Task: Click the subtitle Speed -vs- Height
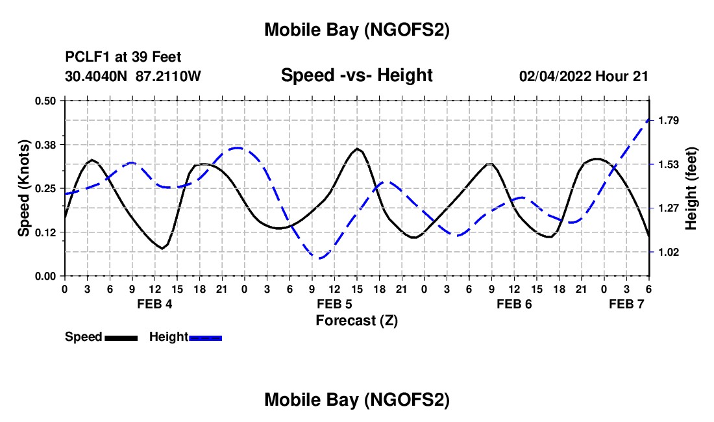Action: (x=356, y=75)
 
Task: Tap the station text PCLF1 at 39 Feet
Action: (x=123, y=57)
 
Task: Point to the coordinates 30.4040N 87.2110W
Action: (x=133, y=76)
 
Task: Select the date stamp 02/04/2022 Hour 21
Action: (x=584, y=76)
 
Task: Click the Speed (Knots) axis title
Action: (x=24, y=188)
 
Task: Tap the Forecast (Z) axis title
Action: (x=356, y=320)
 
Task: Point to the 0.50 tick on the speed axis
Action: (x=45, y=101)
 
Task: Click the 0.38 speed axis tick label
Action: (x=45, y=144)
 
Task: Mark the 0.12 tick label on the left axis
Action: (x=45, y=232)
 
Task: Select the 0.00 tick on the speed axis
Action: (x=45, y=276)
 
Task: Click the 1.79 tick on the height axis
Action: (x=668, y=121)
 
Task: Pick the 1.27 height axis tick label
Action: (x=668, y=208)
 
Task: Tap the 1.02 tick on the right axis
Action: (x=668, y=252)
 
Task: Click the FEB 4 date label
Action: (x=154, y=303)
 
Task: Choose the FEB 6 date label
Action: (x=514, y=303)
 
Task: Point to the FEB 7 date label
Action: (x=626, y=303)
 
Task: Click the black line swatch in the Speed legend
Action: (x=121, y=337)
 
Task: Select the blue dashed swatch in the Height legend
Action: (x=205, y=337)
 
